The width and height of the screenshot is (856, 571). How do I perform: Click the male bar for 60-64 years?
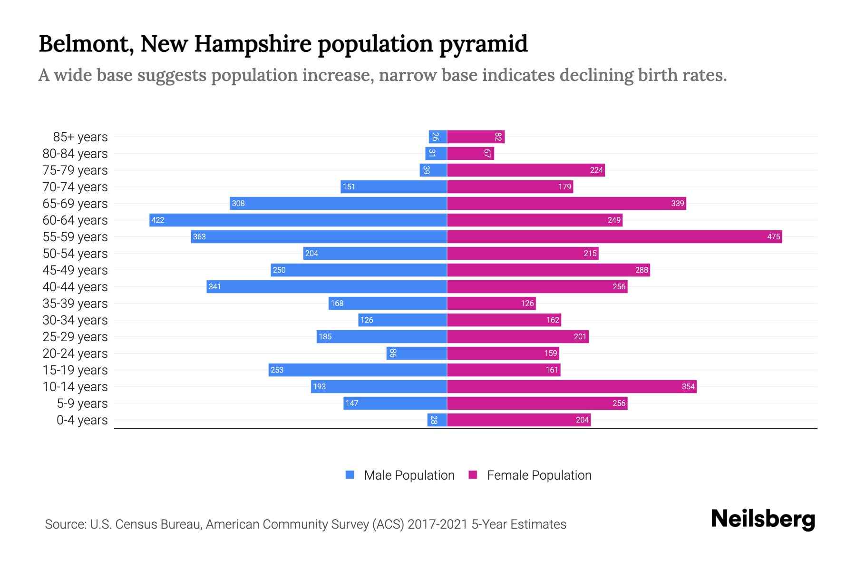pyautogui.click(x=298, y=220)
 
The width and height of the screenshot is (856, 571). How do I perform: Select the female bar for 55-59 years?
pyautogui.click(x=614, y=236)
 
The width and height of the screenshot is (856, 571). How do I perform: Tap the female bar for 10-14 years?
pyautogui.click(x=572, y=386)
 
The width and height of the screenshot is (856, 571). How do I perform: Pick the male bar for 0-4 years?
pyautogui.click(x=437, y=420)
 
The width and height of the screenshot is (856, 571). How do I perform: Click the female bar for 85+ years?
pyautogui.click(x=476, y=137)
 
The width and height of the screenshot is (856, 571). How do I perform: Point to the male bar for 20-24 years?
pyautogui.click(x=417, y=353)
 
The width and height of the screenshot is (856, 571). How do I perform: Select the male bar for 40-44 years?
pyautogui.click(x=327, y=286)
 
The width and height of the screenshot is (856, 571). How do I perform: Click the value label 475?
pyautogui.click(x=773, y=236)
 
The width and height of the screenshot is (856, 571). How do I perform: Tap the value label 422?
pyautogui.click(x=157, y=220)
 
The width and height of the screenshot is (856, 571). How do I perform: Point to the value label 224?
pyautogui.click(x=596, y=170)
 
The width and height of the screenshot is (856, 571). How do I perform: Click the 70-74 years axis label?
pyautogui.click(x=75, y=187)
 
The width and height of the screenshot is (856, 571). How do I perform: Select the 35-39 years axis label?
pyautogui.click(x=75, y=303)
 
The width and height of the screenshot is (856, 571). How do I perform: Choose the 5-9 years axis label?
pyautogui.click(x=82, y=403)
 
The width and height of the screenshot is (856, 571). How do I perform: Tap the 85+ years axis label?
pyautogui.click(x=80, y=137)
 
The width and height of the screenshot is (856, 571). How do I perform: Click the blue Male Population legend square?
pyautogui.click(x=350, y=475)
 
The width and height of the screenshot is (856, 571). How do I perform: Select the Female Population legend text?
pyautogui.click(x=539, y=475)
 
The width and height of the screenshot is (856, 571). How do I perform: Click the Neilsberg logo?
pyautogui.click(x=763, y=519)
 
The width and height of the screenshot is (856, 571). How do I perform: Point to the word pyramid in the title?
pyautogui.click(x=483, y=44)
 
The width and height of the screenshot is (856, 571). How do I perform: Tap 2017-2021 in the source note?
pyautogui.click(x=438, y=524)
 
